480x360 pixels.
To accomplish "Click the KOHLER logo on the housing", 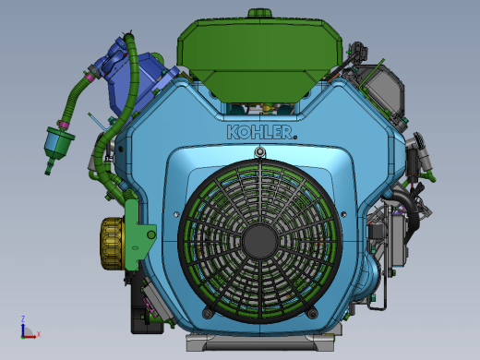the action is (x=259, y=132).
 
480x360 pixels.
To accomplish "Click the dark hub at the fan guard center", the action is (x=260, y=242).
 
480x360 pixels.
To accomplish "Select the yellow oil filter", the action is (x=112, y=244).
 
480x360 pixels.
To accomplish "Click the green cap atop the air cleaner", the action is (x=260, y=14).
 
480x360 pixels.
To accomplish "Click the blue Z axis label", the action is (x=23, y=318).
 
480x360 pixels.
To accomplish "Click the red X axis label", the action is (x=39, y=334).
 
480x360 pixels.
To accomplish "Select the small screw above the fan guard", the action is (x=260, y=151).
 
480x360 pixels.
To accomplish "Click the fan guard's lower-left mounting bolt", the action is (x=208, y=314).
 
